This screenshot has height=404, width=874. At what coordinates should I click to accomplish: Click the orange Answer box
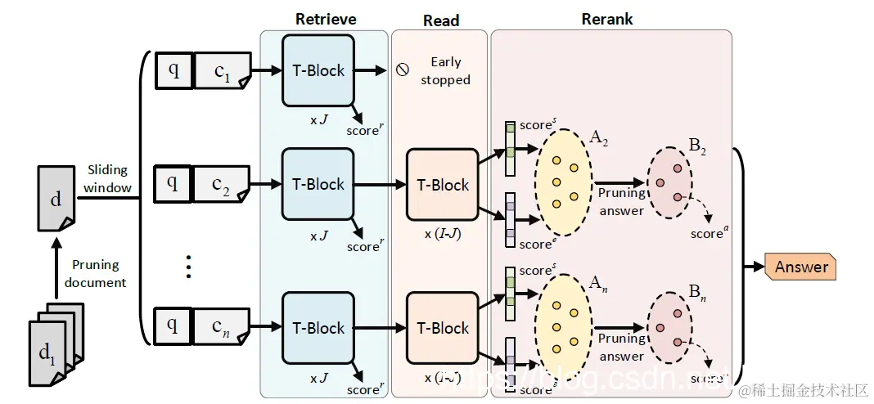(x=801, y=267)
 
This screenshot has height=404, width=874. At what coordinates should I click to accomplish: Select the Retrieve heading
(x=326, y=19)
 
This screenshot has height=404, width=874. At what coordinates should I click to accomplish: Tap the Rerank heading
(x=606, y=19)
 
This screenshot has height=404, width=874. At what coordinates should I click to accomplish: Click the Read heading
(x=441, y=20)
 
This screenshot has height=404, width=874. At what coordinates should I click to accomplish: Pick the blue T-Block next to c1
(x=318, y=70)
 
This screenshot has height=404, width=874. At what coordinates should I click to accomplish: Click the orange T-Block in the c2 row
(x=443, y=185)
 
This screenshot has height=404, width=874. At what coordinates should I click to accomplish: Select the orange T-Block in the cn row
(x=443, y=328)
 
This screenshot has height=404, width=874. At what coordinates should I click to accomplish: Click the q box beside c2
(x=173, y=184)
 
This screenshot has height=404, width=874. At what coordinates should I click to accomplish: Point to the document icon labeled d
(x=55, y=198)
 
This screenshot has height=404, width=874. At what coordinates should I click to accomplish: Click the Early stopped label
(x=445, y=71)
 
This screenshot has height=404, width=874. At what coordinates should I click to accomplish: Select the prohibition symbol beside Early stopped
(x=402, y=70)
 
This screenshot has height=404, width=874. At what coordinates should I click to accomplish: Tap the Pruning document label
(x=95, y=274)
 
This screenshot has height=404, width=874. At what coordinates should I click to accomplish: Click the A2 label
(x=598, y=139)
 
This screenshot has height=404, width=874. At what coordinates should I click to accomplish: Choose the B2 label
(x=697, y=146)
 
